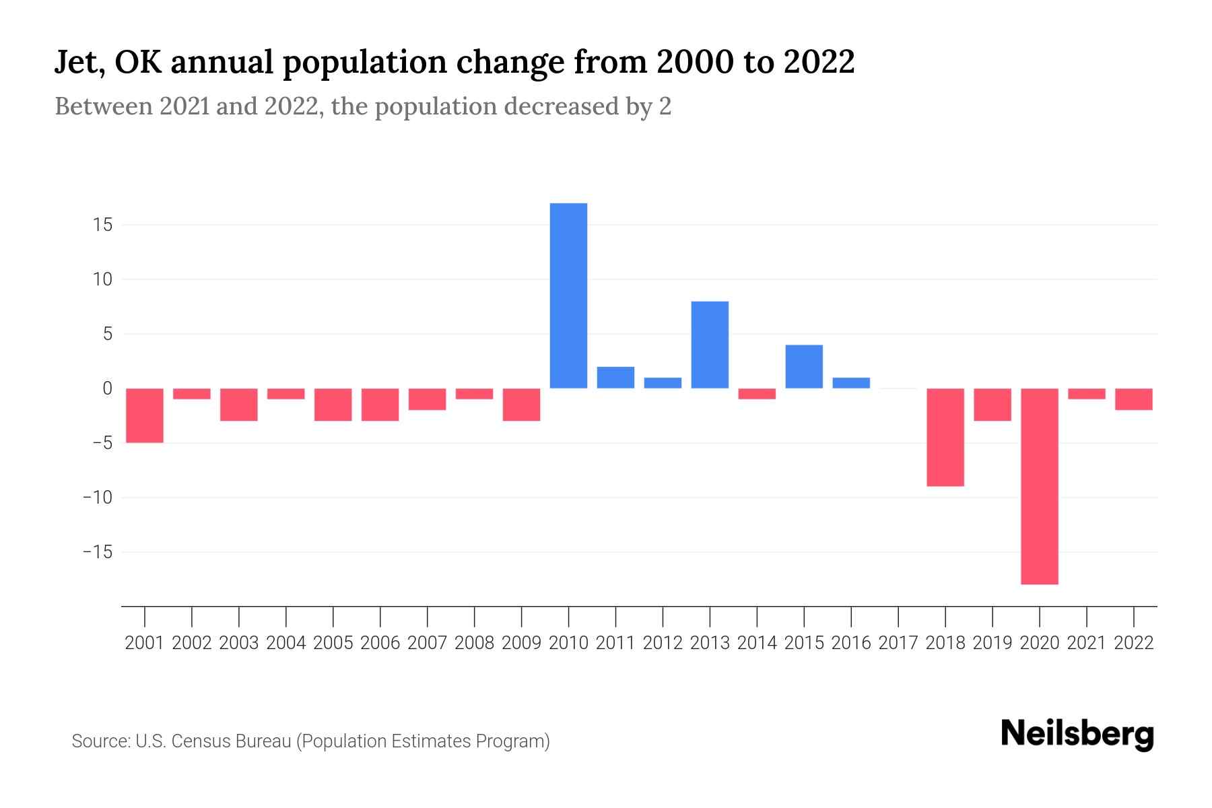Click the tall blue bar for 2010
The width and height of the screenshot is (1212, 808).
tap(568, 296)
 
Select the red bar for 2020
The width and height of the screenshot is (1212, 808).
tap(1039, 486)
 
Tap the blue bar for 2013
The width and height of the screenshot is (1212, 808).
tap(710, 345)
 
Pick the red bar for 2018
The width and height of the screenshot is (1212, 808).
tap(945, 437)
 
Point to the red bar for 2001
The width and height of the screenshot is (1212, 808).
tap(145, 415)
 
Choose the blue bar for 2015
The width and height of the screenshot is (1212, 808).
tap(804, 366)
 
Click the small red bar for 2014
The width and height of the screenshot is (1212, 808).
tap(757, 394)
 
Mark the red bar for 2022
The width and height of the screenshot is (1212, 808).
tap(1133, 399)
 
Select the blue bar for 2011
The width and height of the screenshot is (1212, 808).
tap(615, 378)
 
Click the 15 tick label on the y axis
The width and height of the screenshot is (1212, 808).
tap(102, 224)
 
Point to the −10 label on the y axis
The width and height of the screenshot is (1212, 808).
tap(97, 498)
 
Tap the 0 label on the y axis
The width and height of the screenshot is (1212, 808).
tap(107, 389)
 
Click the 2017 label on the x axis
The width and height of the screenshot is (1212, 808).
tap(898, 643)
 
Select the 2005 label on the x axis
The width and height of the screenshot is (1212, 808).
tap(333, 643)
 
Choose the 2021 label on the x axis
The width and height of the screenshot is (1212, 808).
tap(1086, 643)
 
